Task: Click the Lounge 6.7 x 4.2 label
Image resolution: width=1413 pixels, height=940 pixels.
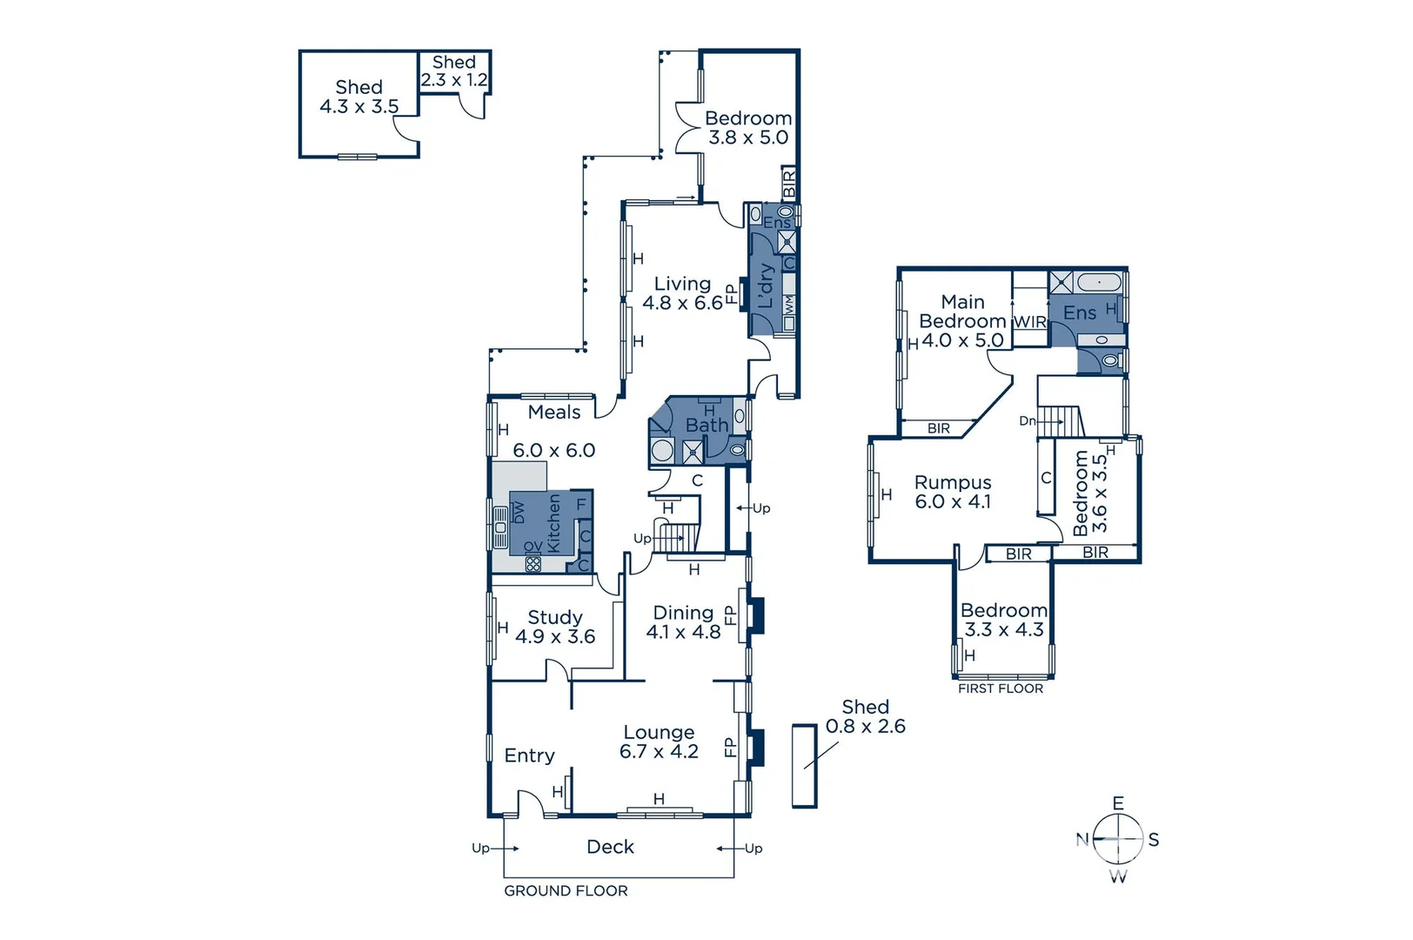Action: (659, 742)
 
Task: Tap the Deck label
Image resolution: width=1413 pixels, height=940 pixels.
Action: (610, 847)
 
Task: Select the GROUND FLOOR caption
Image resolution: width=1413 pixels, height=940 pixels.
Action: (566, 890)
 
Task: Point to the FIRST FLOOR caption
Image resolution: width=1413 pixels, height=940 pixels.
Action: (1000, 688)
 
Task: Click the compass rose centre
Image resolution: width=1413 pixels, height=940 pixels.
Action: (1118, 839)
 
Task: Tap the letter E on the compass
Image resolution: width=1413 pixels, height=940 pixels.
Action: (1118, 803)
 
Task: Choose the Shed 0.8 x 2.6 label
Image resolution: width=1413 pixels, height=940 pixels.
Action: (865, 716)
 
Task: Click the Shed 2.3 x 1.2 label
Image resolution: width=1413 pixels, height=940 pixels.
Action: (454, 70)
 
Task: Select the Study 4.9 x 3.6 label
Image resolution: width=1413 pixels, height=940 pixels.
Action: (555, 627)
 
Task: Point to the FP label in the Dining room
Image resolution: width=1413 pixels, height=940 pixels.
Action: (730, 616)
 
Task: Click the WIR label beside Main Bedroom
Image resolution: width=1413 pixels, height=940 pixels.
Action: (1029, 321)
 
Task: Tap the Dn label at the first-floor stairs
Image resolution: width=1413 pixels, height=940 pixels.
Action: (1028, 421)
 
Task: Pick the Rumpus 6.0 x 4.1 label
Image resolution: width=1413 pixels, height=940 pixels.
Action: (953, 492)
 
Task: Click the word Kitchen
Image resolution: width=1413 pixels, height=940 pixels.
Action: (554, 523)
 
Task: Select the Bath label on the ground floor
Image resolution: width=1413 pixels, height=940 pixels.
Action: (706, 425)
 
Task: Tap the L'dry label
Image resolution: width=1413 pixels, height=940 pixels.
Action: (766, 285)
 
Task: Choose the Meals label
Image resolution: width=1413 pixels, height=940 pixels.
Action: (553, 413)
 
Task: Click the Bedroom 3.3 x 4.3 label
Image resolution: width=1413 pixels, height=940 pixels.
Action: (1003, 620)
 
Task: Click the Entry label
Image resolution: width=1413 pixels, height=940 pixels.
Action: (529, 755)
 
